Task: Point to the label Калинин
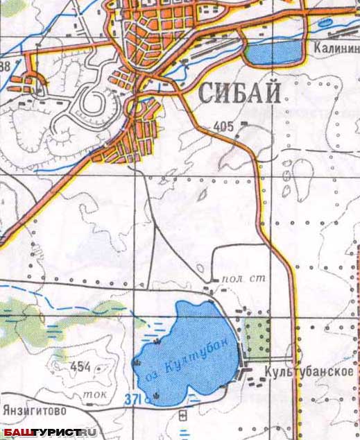point(335,49)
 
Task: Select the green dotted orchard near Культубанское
point(259,335)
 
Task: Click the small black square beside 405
point(244,124)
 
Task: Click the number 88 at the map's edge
point(6,67)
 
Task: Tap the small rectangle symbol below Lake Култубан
point(182,415)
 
